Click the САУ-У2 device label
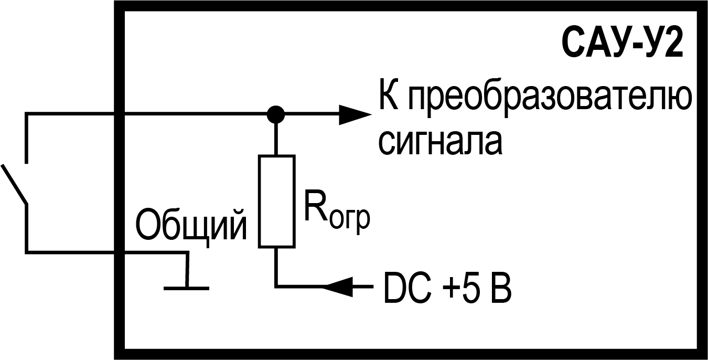coord(623,46)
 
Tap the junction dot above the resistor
coord(275,113)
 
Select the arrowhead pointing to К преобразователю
coord(353,113)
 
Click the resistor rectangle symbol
coord(276,201)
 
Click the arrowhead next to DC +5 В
coord(339,287)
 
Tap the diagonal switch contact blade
coord(14,184)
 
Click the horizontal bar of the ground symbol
coord(186,288)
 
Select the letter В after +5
coord(500,288)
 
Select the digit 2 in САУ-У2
coord(673,46)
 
